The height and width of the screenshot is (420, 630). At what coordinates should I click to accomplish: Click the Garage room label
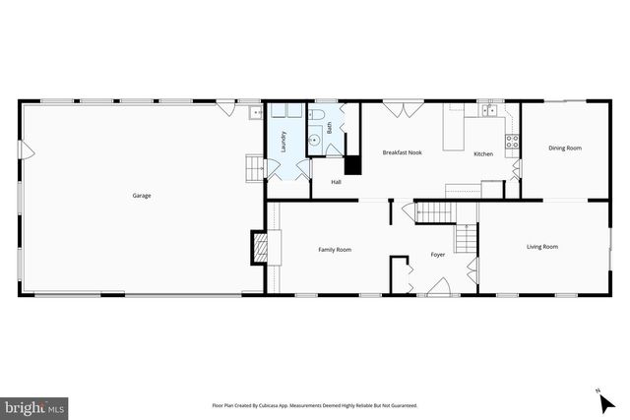point(142,196)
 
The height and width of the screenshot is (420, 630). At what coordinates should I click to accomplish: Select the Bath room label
point(330,129)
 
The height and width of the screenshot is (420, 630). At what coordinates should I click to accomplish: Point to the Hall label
point(336,182)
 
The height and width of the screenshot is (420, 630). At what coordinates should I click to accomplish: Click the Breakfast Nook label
point(402,152)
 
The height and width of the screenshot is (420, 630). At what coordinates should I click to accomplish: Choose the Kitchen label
point(483,154)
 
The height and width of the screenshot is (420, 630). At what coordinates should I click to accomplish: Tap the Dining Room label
point(565,149)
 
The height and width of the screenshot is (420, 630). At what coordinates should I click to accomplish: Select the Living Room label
point(542,247)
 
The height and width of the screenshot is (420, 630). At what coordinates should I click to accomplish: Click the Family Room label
point(335,250)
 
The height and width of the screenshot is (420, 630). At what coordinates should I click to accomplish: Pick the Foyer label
point(438,255)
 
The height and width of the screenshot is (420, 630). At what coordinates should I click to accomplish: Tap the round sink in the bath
point(315,141)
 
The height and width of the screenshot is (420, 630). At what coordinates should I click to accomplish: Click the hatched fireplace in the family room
point(260,246)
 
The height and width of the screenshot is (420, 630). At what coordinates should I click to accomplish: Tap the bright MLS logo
point(34,405)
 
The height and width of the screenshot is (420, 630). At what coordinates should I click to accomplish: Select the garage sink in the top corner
point(253,114)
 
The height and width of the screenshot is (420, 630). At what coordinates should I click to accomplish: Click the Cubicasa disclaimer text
point(315,405)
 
